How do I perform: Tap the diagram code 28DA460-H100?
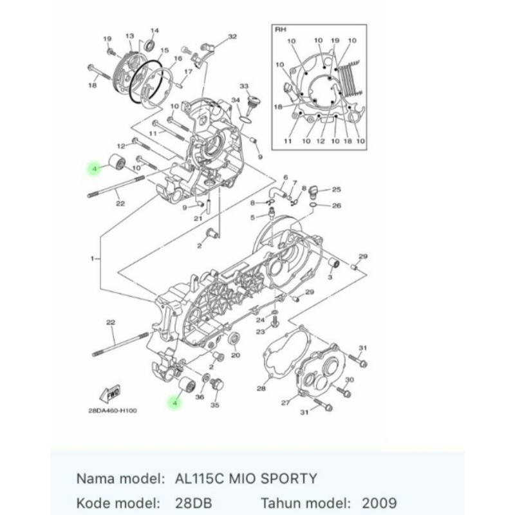[x=112, y=411]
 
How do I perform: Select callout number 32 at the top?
[x=232, y=37]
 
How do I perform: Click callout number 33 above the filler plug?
[x=244, y=86]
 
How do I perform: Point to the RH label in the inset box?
[x=280, y=30]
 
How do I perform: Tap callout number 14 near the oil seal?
[x=154, y=30]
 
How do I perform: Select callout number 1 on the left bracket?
[x=92, y=259]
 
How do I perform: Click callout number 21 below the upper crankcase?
[x=198, y=218]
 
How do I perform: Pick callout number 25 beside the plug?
[x=336, y=189]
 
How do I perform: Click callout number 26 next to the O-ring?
[x=337, y=205]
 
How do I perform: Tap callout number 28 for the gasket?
[x=261, y=389]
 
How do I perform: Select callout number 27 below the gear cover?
[x=285, y=402]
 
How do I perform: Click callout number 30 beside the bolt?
[x=350, y=380]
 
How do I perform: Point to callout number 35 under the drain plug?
[x=215, y=405]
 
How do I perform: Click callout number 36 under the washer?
[x=200, y=397]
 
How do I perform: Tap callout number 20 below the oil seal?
[x=236, y=355]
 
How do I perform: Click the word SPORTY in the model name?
[x=288, y=478]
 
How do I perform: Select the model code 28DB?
[x=194, y=503]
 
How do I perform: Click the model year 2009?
[x=379, y=503]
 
